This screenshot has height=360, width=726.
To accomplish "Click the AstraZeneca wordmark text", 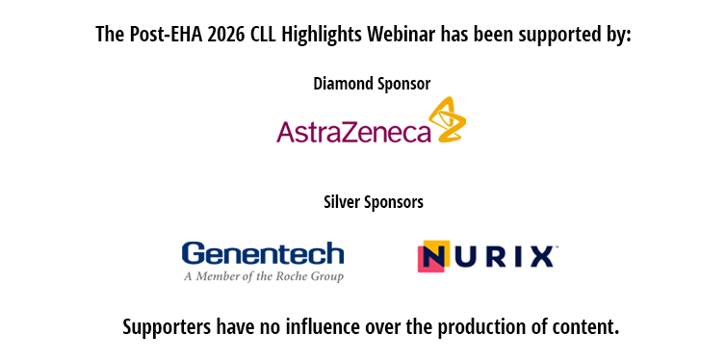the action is tap(353, 131).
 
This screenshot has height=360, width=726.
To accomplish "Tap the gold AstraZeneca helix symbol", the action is tap(447, 119).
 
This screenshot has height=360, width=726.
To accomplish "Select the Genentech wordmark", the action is tap(263, 254).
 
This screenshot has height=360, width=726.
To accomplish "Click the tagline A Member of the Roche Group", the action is tap(264, 276).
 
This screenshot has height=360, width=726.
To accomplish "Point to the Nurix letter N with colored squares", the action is tap(434, 256).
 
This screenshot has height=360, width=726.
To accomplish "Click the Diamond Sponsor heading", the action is tap(372, 84).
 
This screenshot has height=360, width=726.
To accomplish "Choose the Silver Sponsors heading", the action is tap(374, 202).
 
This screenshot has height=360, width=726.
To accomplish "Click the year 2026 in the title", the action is tap(226, 35).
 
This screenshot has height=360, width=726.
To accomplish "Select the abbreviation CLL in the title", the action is tap(263, 35).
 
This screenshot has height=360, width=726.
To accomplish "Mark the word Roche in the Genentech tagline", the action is tap(298, 276).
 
